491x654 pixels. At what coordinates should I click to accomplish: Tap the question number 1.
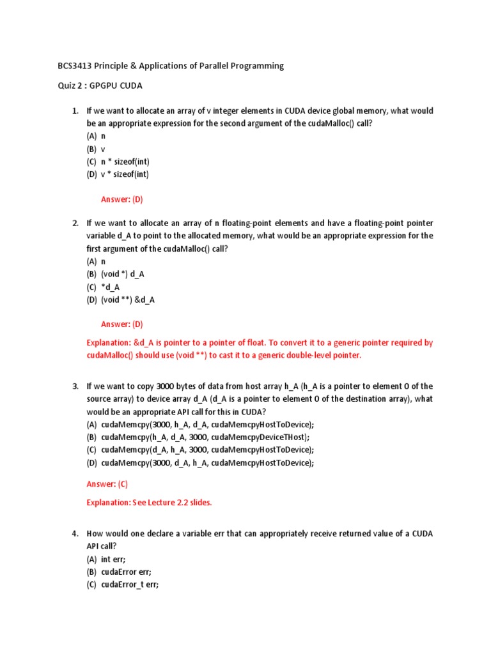point(75,111)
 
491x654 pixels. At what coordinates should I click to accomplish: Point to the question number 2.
point(75,223)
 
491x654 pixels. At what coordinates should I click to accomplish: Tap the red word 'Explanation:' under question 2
point(108,343)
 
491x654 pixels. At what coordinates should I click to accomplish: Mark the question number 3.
point(75,386)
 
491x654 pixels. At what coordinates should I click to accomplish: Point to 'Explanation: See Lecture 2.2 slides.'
point(149,503)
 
